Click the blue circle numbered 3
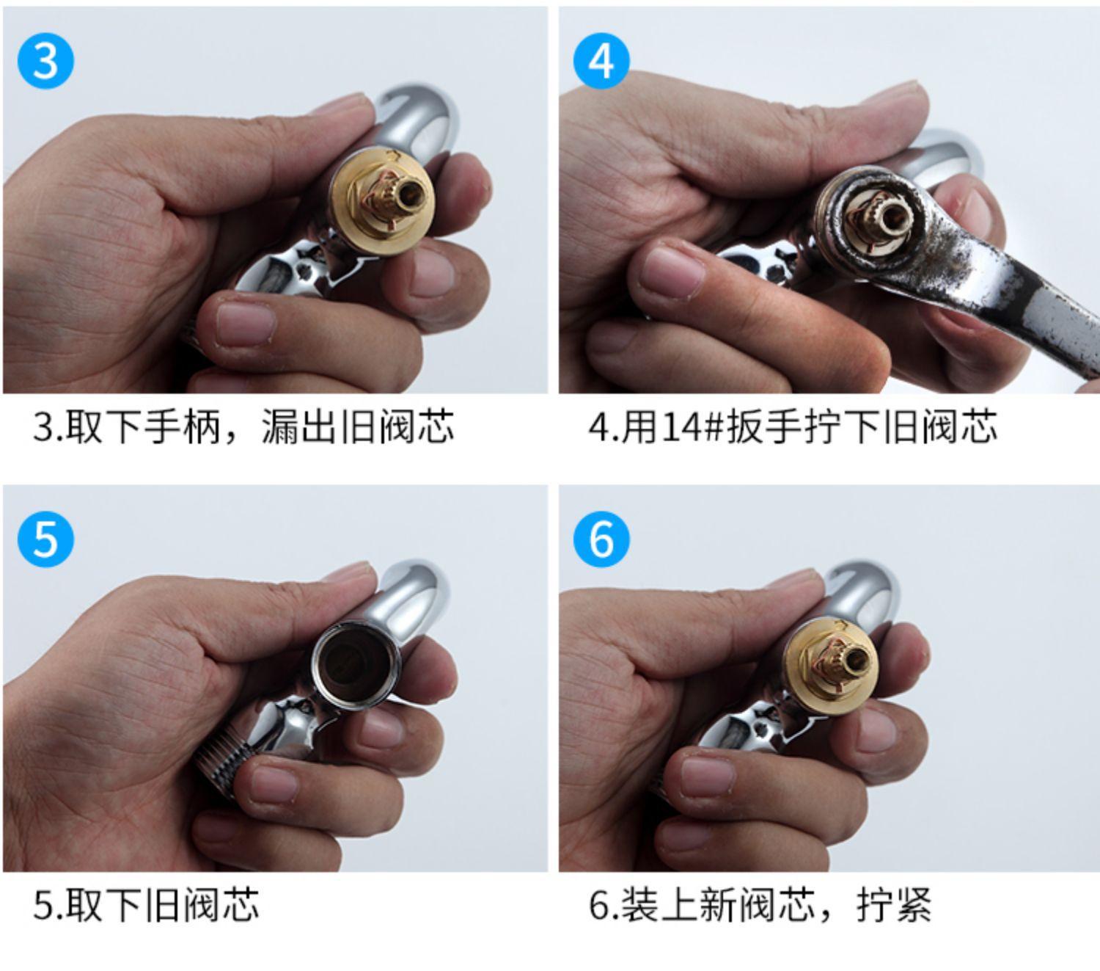45,61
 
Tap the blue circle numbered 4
601,61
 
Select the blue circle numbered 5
45,539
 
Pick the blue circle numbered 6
601,539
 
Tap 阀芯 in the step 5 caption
221,905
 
